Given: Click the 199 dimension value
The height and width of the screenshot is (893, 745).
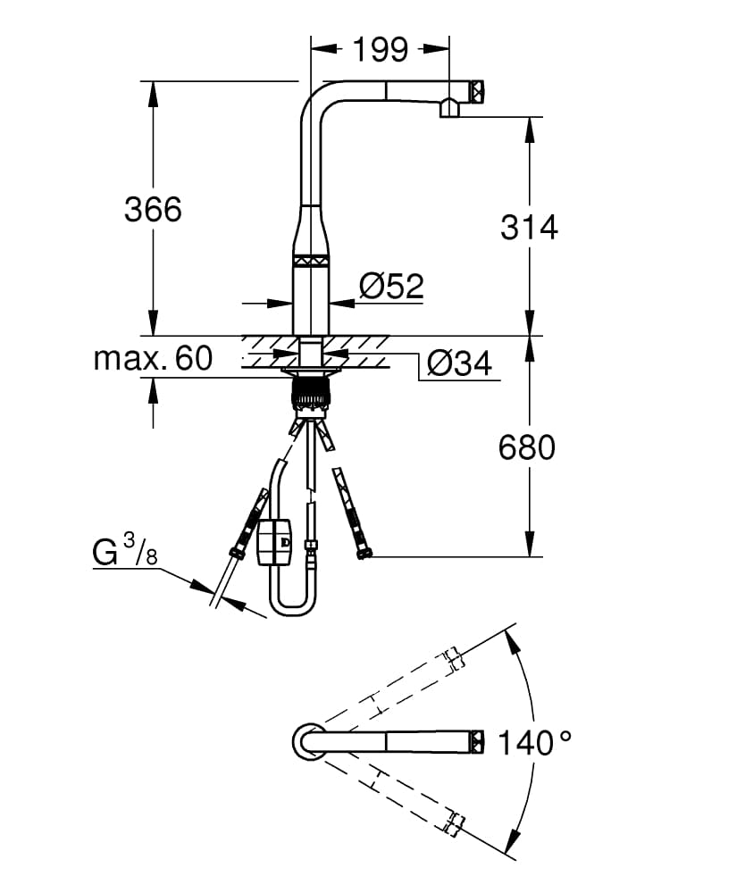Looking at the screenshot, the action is pos(381,49).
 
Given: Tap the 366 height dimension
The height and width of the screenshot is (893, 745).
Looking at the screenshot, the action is pos(153,209).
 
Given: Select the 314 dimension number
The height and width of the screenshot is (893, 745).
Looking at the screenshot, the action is pos(529,227).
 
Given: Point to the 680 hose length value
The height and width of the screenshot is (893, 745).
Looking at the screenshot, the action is pos(527,447).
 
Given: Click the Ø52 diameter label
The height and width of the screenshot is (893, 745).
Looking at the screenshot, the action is pos(392,286).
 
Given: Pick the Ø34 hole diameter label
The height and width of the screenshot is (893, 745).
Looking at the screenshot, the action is pos(459,363).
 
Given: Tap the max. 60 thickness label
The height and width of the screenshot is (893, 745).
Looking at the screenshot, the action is pos(153,358).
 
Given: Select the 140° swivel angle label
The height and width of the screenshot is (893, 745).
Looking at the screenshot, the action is pos(535,743).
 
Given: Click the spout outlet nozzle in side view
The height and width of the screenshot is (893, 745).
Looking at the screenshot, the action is pos(449,108).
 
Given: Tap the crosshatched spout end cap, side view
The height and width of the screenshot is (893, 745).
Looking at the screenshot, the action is pos(477,91).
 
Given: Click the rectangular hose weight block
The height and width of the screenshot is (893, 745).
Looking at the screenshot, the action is pos(275,542).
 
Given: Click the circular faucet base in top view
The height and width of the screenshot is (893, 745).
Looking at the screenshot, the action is pos(310,741).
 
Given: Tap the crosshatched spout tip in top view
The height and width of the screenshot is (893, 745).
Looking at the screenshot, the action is pos(477,742).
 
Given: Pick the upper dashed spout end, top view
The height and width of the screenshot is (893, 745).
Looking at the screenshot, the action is pos(454,658).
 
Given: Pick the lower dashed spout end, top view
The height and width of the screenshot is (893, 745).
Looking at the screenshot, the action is pos(454,824).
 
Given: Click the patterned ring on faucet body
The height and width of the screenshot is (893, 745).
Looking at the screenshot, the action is pos(311,261).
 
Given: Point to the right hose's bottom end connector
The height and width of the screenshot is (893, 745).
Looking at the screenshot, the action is pos(364,552).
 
